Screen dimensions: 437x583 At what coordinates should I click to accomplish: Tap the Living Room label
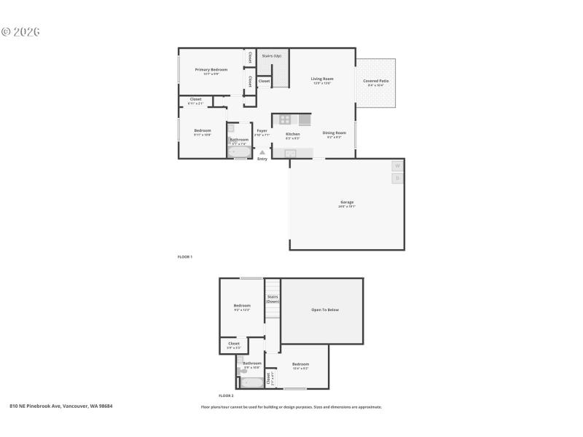(x=322, y=79)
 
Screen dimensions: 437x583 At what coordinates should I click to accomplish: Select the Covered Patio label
(x=375, y=81)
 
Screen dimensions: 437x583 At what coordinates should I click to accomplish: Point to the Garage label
(x=346, y=202)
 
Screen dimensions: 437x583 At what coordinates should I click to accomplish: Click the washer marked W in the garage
(x=397, y=166)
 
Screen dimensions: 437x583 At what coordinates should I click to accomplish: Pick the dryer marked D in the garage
(x=397, y=178)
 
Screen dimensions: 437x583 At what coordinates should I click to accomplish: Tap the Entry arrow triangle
(x=262, y=152)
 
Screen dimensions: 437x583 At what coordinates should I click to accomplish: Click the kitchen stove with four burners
(x=285, y=119)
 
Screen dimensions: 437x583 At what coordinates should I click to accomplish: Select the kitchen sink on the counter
(x=290, y=153)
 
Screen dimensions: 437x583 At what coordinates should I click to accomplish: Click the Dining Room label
(x=334, y=133)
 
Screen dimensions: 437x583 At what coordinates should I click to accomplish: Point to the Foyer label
(x=262, y=131)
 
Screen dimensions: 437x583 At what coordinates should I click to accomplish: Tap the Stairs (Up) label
(x=272, y=55)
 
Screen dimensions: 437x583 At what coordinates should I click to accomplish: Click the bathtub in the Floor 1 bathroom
(x=238, y=152)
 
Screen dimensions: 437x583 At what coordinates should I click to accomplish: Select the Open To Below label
(x=325, y=310)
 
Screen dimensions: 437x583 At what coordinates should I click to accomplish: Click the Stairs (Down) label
(x=273, y=299)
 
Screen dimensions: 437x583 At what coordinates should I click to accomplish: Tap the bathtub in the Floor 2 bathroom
(x=252, y=382)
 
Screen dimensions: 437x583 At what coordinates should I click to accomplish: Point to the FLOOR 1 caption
(x=185, y=257)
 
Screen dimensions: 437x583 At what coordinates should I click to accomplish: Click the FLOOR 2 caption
(x=226, y=395)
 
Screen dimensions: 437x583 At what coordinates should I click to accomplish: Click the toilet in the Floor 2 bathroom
(x=240, y=370)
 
